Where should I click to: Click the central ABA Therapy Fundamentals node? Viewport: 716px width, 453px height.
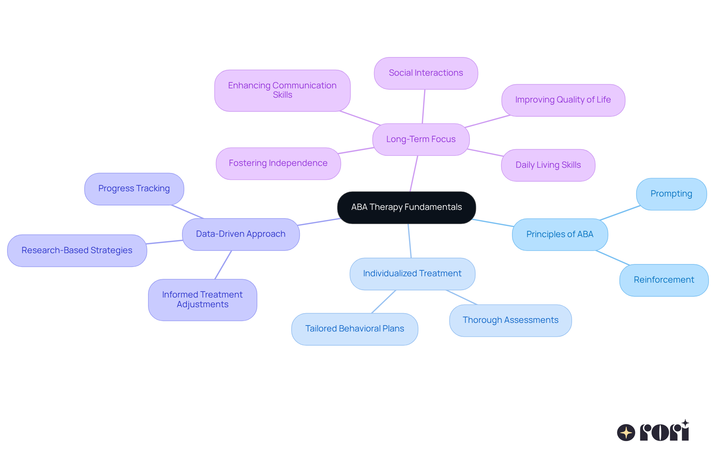click(406, 207)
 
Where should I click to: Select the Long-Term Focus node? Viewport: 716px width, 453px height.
click(421, 139)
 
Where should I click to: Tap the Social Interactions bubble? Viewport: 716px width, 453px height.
click(425, 73)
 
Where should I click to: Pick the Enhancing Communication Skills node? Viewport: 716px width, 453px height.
click(282, 90)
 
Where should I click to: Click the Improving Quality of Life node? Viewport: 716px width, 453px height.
click(563, 100)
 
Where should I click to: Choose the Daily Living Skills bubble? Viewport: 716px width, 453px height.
click(548, 165)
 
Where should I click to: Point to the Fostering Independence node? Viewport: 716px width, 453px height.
click(278, 163)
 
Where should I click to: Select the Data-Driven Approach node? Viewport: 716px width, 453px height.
click(241, 234)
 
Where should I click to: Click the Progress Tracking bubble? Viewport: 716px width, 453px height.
click(134, 189)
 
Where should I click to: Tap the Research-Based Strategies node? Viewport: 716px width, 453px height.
click(77, 250)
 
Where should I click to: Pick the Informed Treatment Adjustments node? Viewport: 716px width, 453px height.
click(202, 299)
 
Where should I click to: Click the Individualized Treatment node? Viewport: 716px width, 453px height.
click(412, 274)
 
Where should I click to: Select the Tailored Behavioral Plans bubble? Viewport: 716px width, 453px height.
click(354, 329)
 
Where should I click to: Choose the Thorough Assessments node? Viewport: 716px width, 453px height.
click(510, 320)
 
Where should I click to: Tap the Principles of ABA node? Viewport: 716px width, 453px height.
click(559, 235)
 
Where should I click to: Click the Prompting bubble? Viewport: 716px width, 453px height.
click(671, 194)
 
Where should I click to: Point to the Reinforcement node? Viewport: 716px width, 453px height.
click(663, 280)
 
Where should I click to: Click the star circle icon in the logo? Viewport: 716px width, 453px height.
click(626, 432)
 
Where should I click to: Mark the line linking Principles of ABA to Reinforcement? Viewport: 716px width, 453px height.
click(613, 258)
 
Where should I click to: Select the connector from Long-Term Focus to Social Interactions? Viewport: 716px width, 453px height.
click(424, 106)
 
